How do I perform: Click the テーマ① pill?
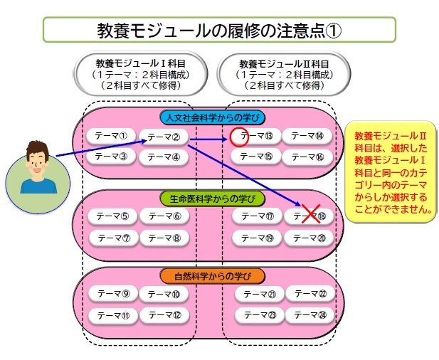[111, 136]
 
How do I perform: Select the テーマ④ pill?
[164, 157]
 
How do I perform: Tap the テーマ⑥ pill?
[164, 216]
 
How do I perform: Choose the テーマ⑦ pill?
[114, 238]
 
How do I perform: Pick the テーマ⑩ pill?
[164, 295]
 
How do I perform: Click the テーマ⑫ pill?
[164, 315]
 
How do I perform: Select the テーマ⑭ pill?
[307, 136]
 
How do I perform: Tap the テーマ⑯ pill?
[307, 157]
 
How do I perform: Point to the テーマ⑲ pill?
[257, 238]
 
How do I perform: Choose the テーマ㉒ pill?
[310, 294]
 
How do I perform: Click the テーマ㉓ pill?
[260, 315]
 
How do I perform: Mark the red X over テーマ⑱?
[311, 214]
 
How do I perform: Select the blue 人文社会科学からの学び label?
[213, 117]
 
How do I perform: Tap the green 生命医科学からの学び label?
[213, 198]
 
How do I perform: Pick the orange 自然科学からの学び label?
[213, 276]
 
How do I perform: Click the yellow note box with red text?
[391, 171]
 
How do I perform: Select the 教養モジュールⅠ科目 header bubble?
[140, 74]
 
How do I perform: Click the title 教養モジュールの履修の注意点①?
[219, 30]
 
